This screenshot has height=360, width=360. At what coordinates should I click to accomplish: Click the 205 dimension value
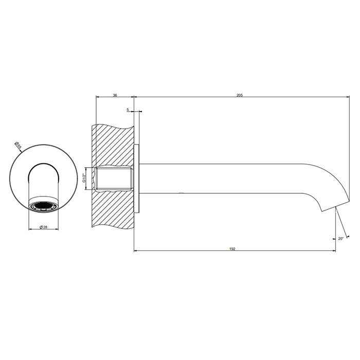(x=239, y=95)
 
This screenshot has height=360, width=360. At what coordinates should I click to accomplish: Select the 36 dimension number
(x=115, y=95)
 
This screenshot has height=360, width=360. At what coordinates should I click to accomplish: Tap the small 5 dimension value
(x=127, y=110)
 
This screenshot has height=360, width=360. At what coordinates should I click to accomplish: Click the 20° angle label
(x=341, y=239)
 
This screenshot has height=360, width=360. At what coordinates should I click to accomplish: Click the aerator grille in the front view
(x=43, y=207)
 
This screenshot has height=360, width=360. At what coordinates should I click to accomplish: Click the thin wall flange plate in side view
(x=136, y=178)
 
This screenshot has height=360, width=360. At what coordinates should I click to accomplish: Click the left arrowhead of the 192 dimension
(x=135, y=251)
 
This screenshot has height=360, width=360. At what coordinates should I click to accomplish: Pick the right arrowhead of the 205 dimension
(x=348, y=97)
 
